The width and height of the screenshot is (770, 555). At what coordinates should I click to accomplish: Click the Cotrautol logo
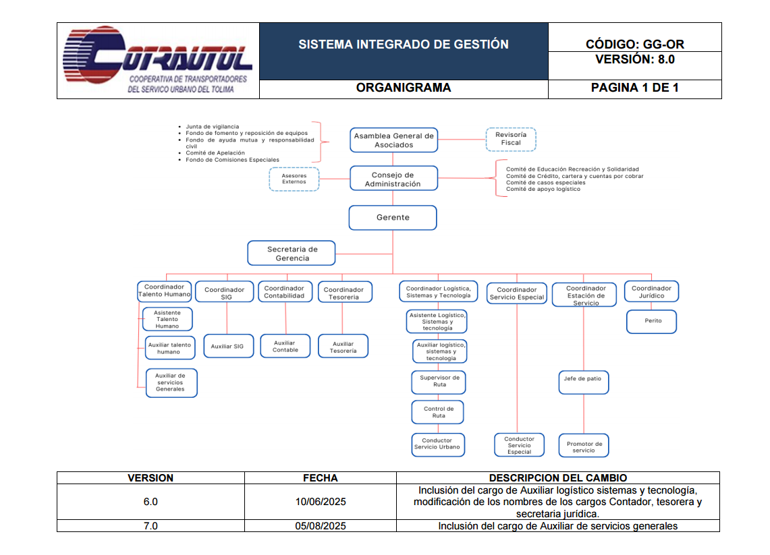[157, 61]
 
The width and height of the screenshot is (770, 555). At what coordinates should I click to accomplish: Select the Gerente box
[393, 218]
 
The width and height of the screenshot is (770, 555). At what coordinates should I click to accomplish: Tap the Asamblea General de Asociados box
[393, 140]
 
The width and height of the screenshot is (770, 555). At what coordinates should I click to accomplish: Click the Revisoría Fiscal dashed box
[511, 139]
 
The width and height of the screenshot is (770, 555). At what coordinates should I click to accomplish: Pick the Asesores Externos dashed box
[294, 179]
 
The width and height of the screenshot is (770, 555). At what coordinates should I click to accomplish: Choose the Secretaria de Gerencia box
[292, 254]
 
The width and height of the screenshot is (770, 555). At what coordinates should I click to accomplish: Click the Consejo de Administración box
[393, 179]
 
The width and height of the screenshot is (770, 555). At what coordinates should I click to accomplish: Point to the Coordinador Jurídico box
[651, 292]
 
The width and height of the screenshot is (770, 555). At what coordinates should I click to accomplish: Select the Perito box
[652, 321]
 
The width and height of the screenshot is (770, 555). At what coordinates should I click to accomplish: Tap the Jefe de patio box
[583, 379]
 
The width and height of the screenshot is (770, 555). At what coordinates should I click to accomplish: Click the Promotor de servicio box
[584, 446]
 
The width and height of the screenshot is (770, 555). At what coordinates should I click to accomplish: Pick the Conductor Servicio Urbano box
[437, 444]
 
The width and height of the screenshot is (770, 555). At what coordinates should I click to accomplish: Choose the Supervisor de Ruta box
[439, 382]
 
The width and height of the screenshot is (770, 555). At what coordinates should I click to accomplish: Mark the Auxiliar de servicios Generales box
[170, 382]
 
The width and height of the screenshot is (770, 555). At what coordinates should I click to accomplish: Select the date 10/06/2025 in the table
[321, 502]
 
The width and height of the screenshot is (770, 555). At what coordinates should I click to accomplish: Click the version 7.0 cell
[150, 526]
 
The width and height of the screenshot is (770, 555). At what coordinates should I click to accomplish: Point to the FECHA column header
[321, 478]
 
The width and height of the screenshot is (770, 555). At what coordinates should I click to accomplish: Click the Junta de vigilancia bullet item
[212, 127]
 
